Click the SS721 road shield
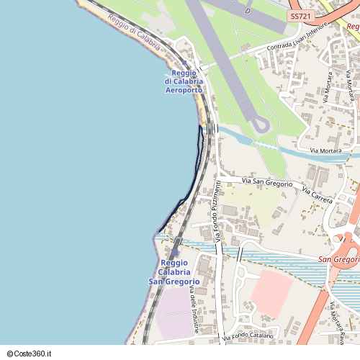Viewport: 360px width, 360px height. (300, 15)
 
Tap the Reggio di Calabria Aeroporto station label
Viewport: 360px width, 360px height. (184, 81)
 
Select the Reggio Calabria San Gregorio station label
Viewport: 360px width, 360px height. (174, 272)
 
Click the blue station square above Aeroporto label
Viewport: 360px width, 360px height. (185, 63)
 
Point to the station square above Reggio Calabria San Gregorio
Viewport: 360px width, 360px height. (174, 253)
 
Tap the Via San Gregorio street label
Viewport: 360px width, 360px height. (267, 182)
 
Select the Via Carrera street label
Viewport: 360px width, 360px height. (317, 194)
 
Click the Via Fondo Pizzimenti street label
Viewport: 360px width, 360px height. (215, 210)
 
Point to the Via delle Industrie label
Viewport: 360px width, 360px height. (194, 310)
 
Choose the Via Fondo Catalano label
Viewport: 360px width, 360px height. (248, 336)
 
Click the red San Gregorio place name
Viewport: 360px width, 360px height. (338, 259)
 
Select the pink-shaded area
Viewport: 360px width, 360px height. (271, 292)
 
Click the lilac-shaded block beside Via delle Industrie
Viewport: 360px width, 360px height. (173, 313)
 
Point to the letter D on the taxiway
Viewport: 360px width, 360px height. (247, 12)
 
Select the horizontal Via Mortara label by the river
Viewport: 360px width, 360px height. (325, 150)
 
